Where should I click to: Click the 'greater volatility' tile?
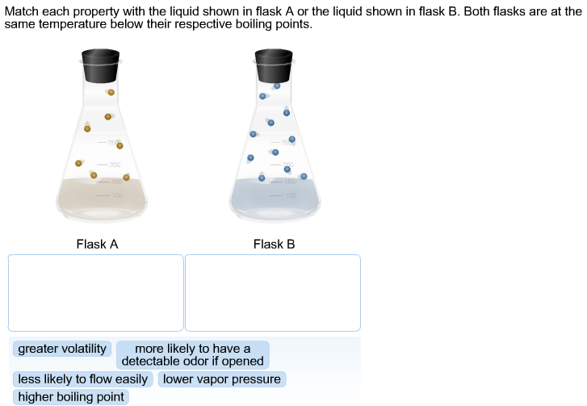tap(62, 349)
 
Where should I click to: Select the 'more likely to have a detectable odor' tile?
tap(192, 355)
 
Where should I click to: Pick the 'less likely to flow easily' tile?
tap(82, 379)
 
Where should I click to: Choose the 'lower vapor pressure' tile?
tap(222, 379)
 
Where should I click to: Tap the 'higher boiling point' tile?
tap(71, 396)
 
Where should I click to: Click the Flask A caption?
tap(97, 244)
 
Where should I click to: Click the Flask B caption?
tap(274, 244)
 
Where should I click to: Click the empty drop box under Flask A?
tap(96, 292)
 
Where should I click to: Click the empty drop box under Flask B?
tap(273, 292)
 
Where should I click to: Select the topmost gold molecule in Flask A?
tap(111, 92)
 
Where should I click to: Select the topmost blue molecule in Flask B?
tap(277, 85)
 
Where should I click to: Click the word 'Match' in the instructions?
tap(21, 12)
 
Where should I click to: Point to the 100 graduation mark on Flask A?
tap(116, 195)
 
